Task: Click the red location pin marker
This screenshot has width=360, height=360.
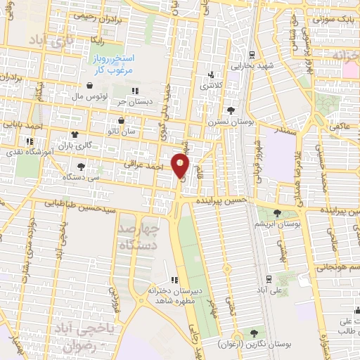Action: point(181,166)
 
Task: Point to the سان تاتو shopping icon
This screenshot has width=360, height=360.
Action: point(121,120)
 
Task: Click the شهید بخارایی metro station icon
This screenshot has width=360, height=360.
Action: point(252,56)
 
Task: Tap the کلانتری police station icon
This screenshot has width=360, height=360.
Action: point(210,75)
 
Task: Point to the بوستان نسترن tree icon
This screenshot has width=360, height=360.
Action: point(231,110)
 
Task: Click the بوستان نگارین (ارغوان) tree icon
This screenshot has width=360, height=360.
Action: point(252,333)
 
